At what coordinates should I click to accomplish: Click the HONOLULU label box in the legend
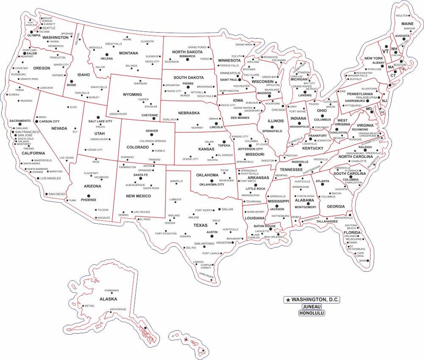[x=312, y=313]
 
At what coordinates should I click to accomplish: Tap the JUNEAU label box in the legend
[x=312, y=307]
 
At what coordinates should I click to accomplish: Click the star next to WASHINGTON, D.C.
[x=288, y=300]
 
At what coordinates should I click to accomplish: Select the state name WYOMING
[x=132, y=95]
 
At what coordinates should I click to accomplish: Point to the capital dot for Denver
[x=151, y=135]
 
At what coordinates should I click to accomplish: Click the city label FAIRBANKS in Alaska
[x=112, y=290]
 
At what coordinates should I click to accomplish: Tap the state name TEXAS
[x=200, y=225]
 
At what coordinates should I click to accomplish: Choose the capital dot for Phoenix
[x=89, y=195]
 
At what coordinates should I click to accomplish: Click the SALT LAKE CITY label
[x=100, y=121]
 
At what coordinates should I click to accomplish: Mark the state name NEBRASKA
[x=189, y=113]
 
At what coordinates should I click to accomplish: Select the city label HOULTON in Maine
[x=402, y=16]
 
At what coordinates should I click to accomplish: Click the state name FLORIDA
[x=352, y=233]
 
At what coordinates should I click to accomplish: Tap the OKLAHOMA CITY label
[x=212, y=185]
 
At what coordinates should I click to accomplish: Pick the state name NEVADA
[x=59, y=128]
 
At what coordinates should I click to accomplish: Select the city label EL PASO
[x=145, y=220]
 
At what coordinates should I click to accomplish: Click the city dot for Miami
[x=367, y=261]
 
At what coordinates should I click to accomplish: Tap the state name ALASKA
[x=108, y=299]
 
